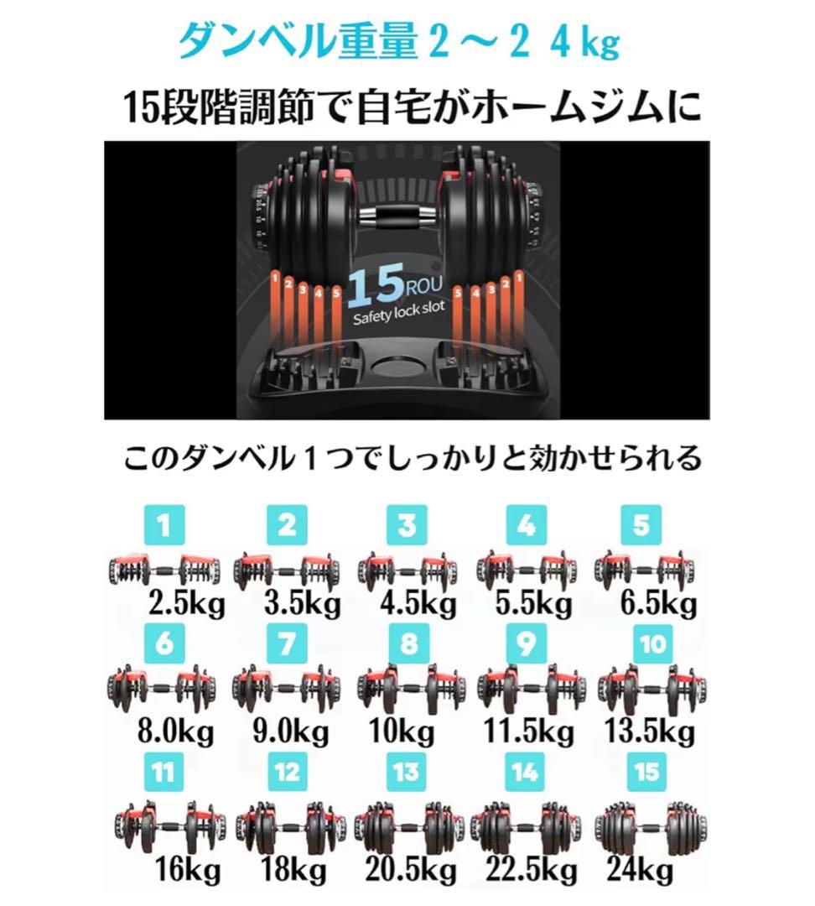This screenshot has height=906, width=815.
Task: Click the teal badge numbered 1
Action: [164, 526]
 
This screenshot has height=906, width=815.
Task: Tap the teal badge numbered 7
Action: [288, 644]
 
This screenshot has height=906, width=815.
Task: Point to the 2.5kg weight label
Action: [187, 602]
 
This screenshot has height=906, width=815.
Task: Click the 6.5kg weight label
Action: [658, 602]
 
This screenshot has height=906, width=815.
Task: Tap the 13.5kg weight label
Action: [650, 729]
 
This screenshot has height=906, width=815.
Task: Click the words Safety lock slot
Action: [397, 319]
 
